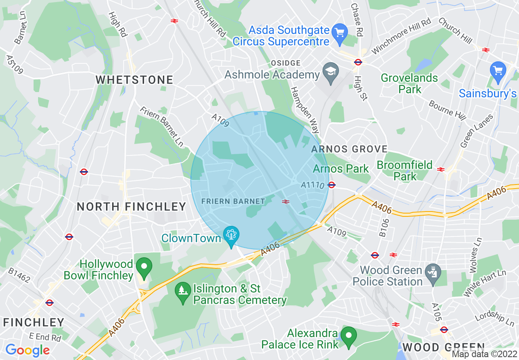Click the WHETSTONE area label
[134, 80]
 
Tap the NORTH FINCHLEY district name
[131, 207]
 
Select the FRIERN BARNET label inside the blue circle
[233, 201]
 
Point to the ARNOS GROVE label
[349, 149]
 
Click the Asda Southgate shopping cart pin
[339, 31]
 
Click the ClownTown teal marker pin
[231, 235]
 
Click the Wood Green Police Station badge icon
[433, 271]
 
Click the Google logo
[27, 350]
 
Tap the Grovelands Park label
[409, 83]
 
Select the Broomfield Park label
[404, 171]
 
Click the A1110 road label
[312, 185]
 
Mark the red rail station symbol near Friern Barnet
[286, 201]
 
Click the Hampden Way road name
[305, 110]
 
